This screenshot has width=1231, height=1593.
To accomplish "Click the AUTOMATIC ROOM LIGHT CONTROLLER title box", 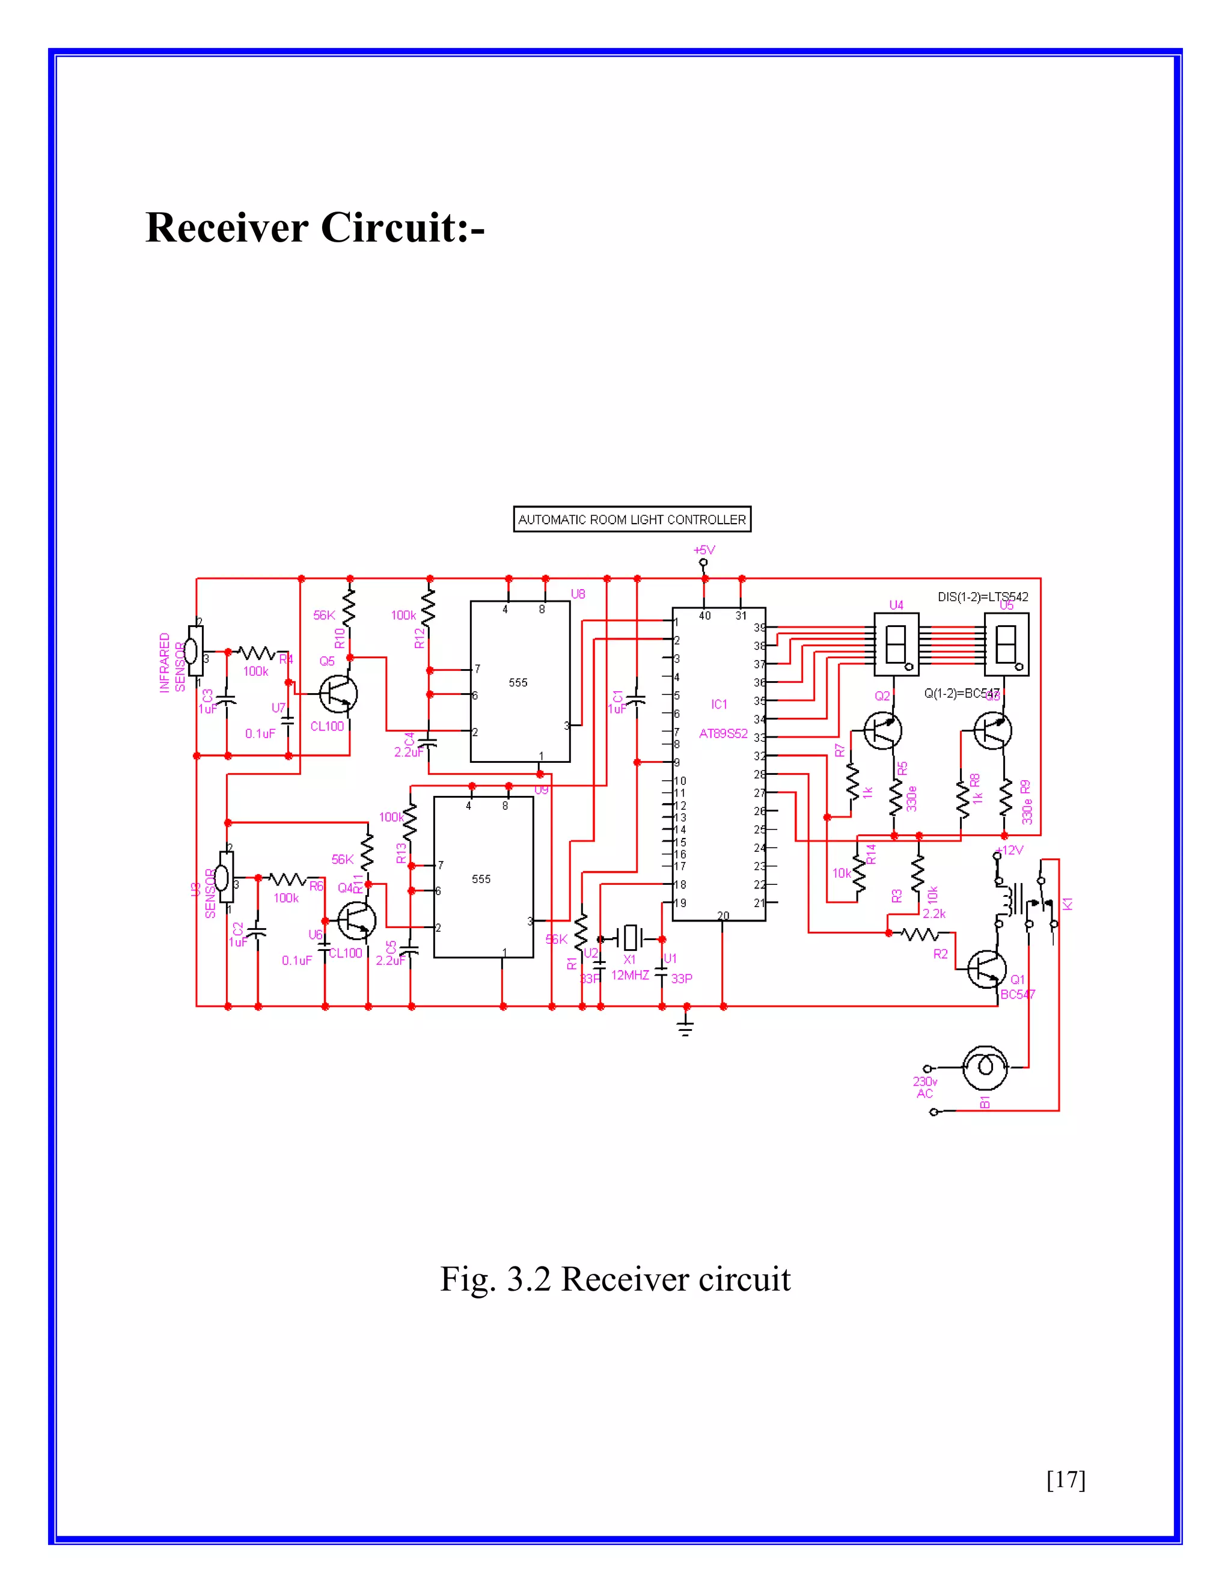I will point(632,519).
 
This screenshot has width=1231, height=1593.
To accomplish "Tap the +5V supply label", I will point(704,549).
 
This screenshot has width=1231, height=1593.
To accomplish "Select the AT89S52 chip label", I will point(722,734).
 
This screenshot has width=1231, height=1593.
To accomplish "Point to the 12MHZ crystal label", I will point(630,975).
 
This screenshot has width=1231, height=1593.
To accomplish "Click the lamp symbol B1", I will point(985,1067).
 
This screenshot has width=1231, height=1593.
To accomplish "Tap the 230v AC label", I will point(924,1087).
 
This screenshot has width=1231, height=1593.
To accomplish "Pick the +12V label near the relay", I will point(1010,851).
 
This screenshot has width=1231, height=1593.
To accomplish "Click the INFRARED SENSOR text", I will point(171,662).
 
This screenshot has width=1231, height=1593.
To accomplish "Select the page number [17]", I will point(1066,1479).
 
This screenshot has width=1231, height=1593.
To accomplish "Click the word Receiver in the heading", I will point(227,228).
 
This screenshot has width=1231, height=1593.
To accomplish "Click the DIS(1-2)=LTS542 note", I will point(982,597).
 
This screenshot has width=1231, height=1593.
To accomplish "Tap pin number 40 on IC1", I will point(704,616).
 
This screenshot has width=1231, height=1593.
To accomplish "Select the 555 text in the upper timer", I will point(518,683).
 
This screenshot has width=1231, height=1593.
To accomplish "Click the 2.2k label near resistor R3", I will point(933,913).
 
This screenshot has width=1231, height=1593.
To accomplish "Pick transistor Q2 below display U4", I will point(882,731).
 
